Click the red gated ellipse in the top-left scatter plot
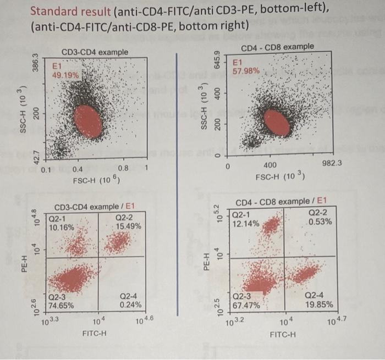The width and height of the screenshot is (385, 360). pos(89,121)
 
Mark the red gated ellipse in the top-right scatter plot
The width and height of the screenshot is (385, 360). pos(277,121)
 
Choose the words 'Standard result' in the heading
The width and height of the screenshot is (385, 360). pos(62,10)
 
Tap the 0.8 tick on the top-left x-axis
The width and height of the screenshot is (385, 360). pos(124,169)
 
